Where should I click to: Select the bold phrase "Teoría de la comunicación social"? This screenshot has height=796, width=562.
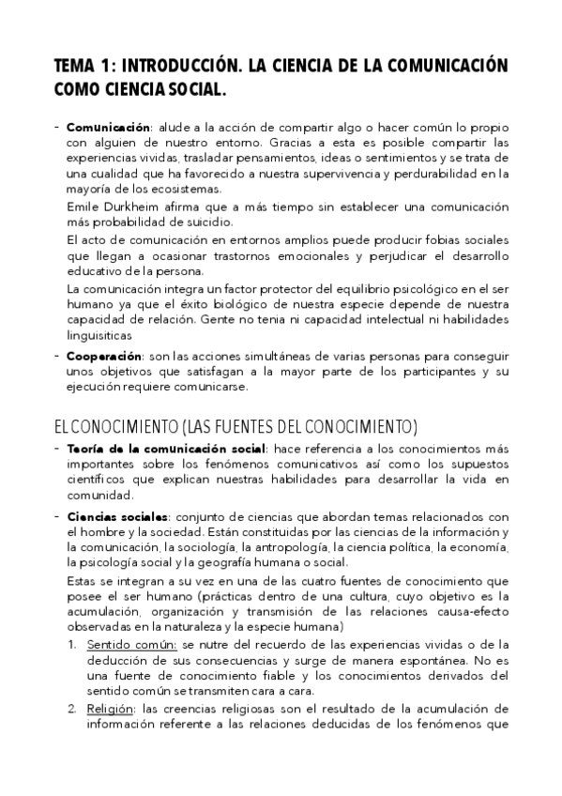tap(167, 449)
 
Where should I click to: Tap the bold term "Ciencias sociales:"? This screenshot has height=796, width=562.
tap(118, 517)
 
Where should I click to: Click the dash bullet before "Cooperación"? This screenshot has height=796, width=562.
tap(57, 357)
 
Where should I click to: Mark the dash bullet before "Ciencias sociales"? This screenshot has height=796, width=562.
tap(57, 516)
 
